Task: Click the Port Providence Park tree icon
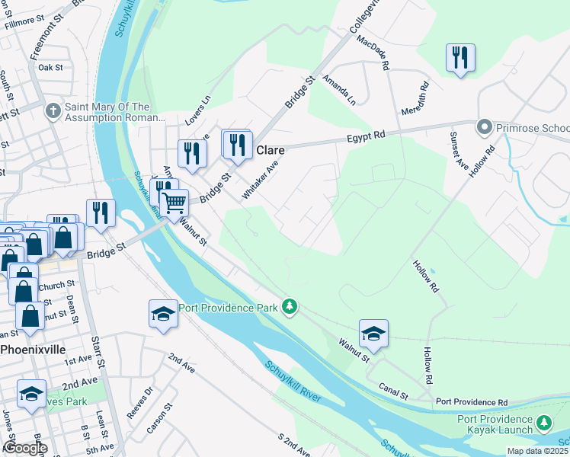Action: point(289,307)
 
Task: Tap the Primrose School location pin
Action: point(483,127)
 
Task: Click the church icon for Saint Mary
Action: point(53,112)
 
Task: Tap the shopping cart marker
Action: point(175,203)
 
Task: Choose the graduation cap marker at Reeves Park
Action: point(31,394)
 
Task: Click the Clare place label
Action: point(270,150)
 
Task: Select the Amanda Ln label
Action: point(339,89)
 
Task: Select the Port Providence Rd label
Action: point(472,401)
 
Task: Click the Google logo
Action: point(25,448)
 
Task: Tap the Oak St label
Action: point(50,68)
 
